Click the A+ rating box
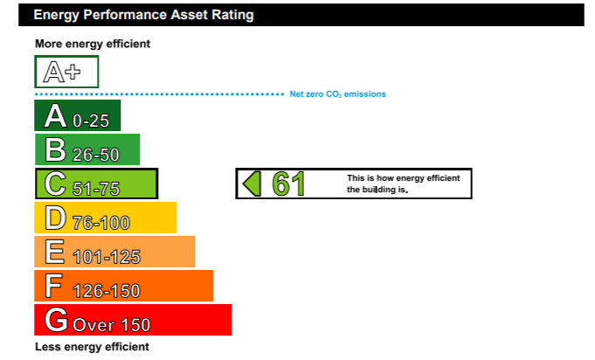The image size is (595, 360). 66,72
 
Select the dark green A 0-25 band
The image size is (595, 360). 78,115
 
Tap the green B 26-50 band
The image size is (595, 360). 87,149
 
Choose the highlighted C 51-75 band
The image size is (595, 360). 96,183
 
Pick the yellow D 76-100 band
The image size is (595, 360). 106,218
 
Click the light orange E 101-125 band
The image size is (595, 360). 114,252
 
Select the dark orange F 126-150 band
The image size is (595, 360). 124,286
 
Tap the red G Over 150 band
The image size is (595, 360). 133,320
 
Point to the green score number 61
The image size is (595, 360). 288,184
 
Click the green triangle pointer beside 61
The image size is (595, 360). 252,183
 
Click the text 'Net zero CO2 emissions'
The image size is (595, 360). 338,94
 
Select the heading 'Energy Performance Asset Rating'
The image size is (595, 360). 143,15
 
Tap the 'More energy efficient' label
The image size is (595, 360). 93,44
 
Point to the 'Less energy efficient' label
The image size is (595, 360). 92,347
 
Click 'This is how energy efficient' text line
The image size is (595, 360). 404,178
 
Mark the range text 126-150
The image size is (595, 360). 107,291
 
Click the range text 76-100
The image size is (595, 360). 101,223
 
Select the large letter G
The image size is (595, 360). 56,320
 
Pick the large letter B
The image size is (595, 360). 55,149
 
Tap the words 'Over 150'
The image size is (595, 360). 112,325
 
